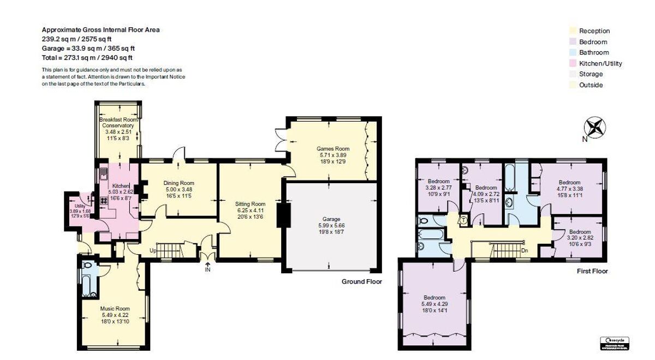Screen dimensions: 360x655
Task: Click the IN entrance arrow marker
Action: [x=207, y=268]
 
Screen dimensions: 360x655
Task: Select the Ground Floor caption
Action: [x=361, y=281]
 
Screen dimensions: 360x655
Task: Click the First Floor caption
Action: [x=592, y=271]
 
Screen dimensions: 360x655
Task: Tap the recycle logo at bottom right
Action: [x=615, y=342]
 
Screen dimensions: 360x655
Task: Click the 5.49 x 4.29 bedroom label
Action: [x=434, y=304]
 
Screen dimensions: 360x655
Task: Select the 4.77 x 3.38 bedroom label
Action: [x=570, y=189]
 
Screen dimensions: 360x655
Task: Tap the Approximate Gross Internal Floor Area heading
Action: [x=101, y=30]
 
